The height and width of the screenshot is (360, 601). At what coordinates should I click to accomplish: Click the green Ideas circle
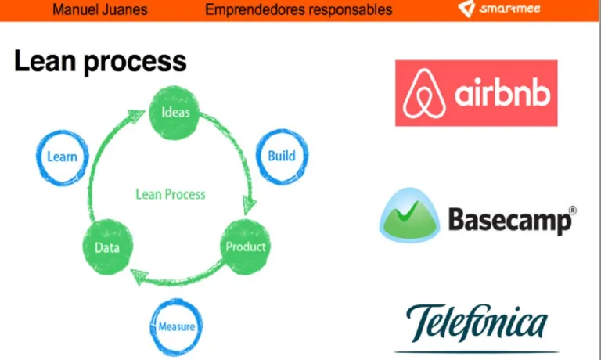click(175, 112)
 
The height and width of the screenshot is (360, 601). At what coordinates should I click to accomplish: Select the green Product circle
click(246, 247)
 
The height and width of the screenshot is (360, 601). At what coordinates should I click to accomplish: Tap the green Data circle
click(106, 247)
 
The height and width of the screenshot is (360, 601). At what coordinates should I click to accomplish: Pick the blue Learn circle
click(62, 157)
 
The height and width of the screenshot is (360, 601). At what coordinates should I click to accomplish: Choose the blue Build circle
click(282, 156)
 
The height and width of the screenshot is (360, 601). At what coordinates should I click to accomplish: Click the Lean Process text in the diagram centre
click(170, 194)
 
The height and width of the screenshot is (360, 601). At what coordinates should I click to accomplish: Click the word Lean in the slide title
click(45, 61)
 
